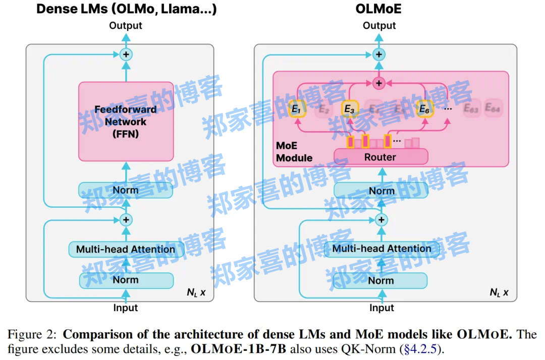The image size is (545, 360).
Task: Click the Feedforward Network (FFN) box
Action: click(x=126, y=122)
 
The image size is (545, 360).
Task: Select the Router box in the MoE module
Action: click(x=380, y=157)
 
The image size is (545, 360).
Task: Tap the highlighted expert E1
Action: click(x=297, y=108)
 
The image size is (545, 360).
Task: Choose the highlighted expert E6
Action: click(x=425, y=108)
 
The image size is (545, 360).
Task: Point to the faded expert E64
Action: click(x=493, y=107)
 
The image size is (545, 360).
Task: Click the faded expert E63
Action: click(x=471, y=107)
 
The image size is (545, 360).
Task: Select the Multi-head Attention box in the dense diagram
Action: click(x=126, y=249)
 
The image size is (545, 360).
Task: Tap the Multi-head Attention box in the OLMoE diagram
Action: click(x=381, y=249)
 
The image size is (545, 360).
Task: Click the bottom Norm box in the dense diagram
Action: click(x=126, y=280)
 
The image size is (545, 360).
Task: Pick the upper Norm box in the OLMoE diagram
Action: click(x=381, y=191)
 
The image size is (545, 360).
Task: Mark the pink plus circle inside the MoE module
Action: click(x=378, y=83)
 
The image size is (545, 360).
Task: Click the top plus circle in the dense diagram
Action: click(x=126, y=54)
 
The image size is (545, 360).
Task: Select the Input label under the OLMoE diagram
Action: click(x=381, y=308)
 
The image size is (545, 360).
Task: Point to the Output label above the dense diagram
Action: click(x=126, y=25)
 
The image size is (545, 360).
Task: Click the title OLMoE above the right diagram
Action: click(x=379, y=9)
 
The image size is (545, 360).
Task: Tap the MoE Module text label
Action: click(x=294, y=152)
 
